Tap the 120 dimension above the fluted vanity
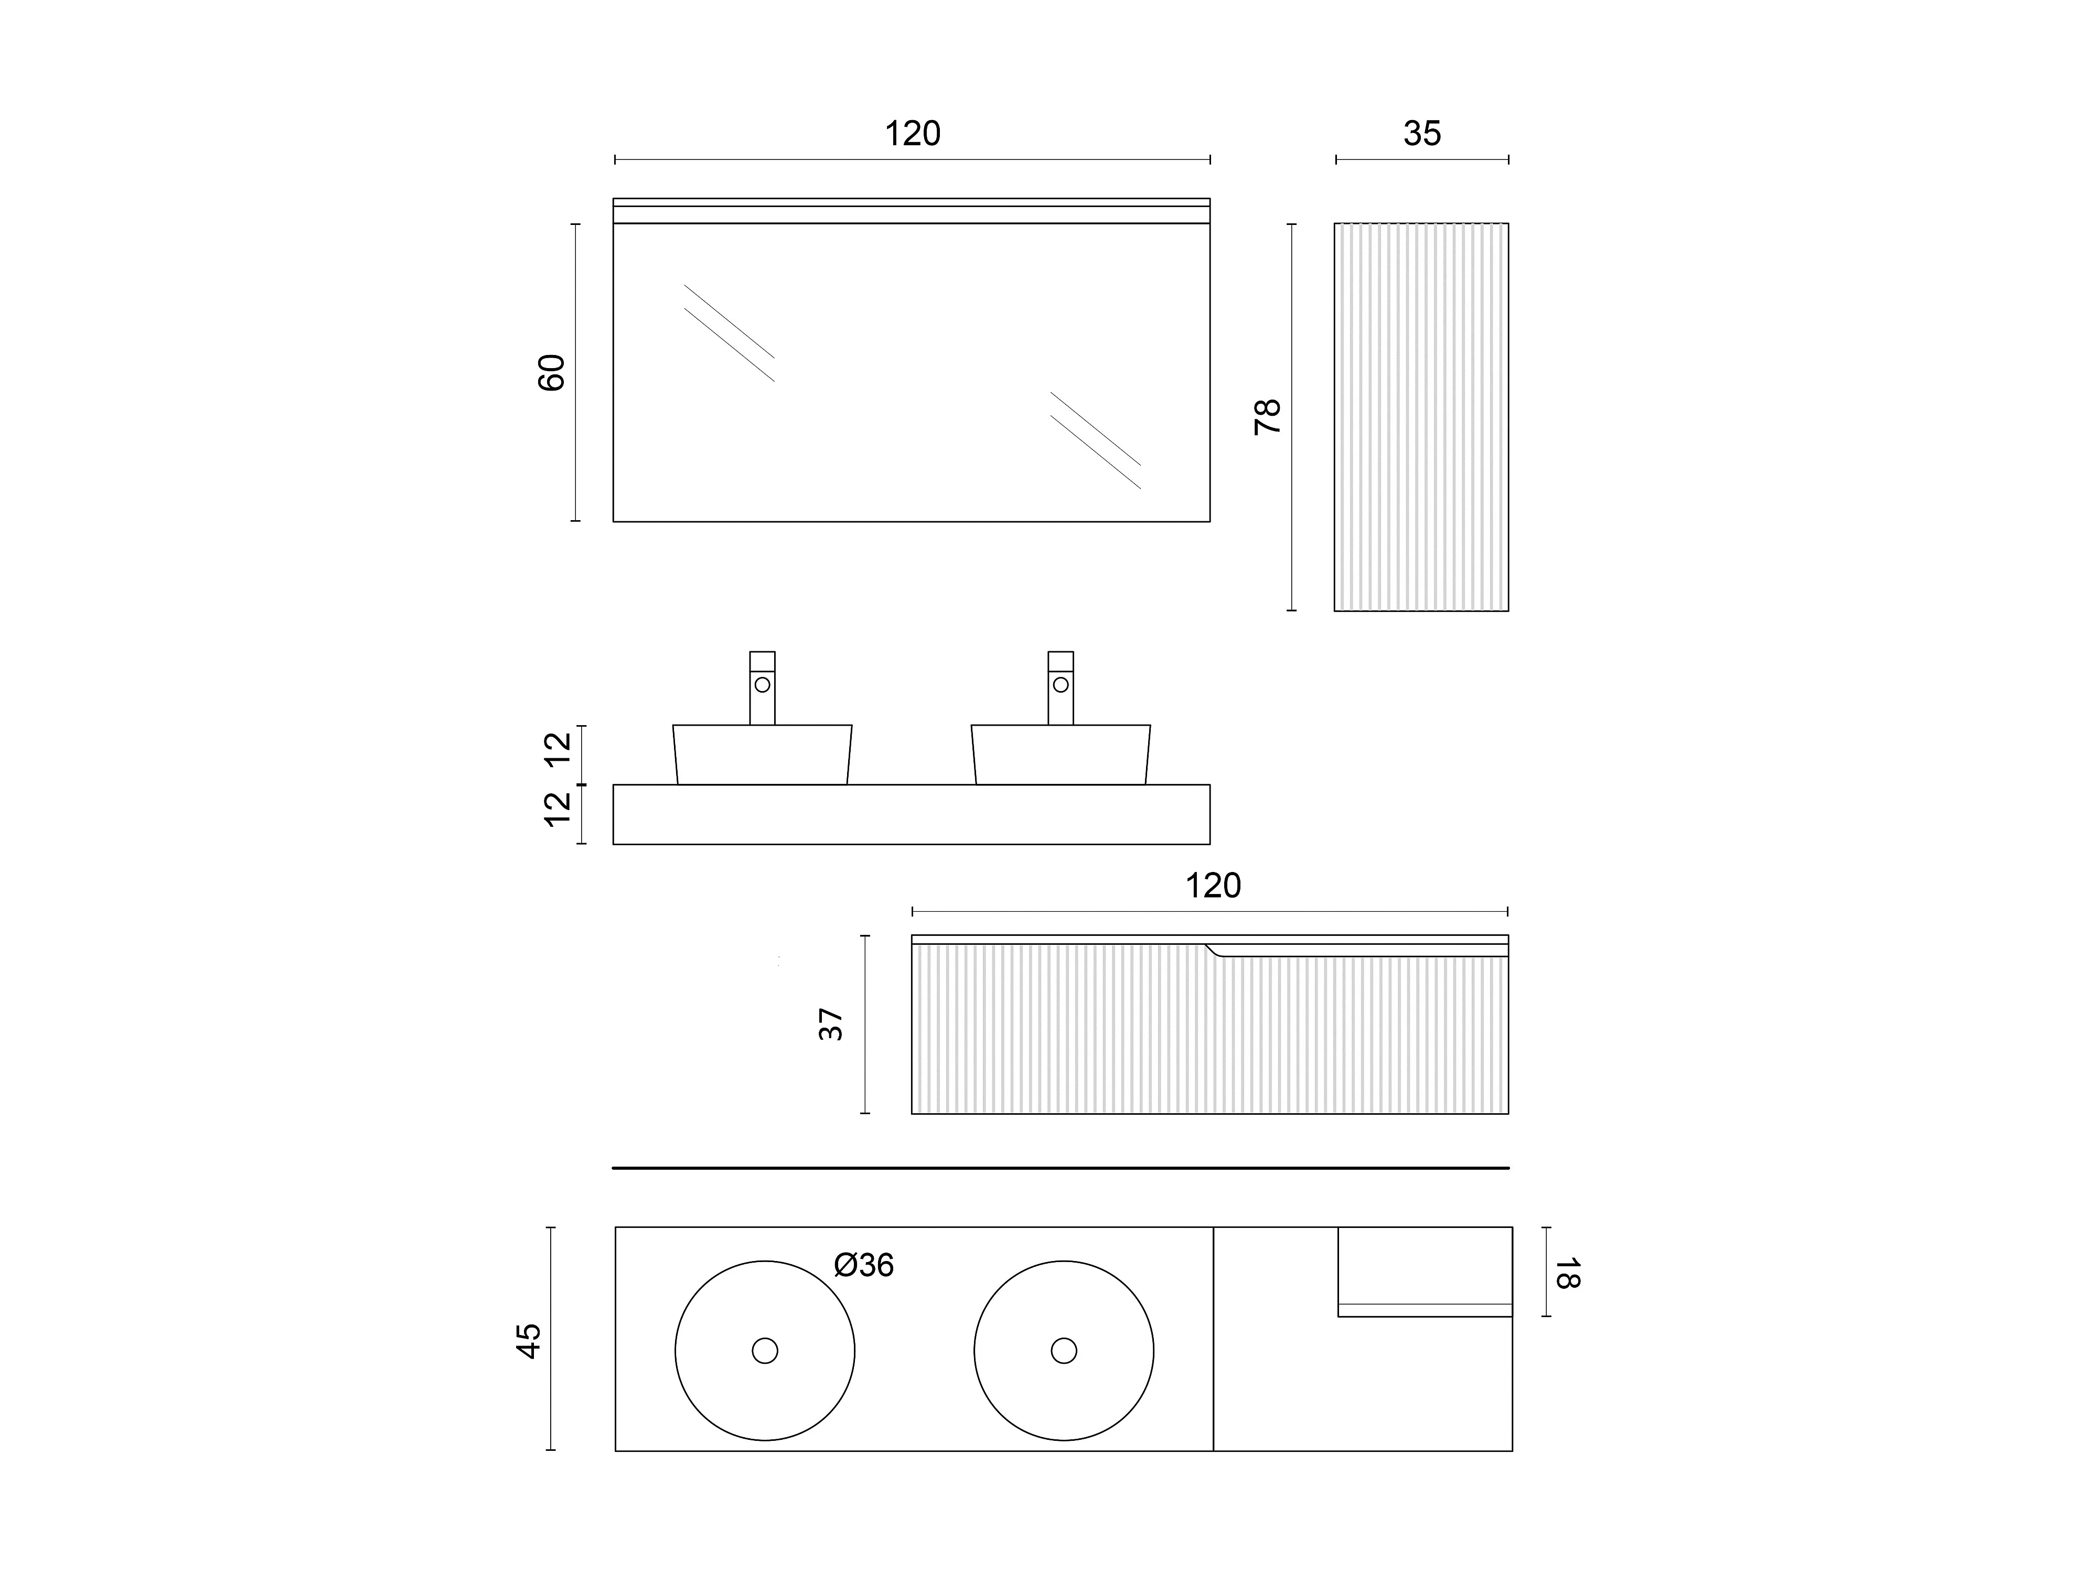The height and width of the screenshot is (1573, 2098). click(x=1212, y=886)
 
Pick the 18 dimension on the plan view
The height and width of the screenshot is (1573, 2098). click(x=1566, y=1273)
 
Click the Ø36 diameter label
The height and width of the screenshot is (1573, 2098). click(x=863, y=1265)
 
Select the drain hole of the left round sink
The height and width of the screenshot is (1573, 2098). click(x=765, y=1350)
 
